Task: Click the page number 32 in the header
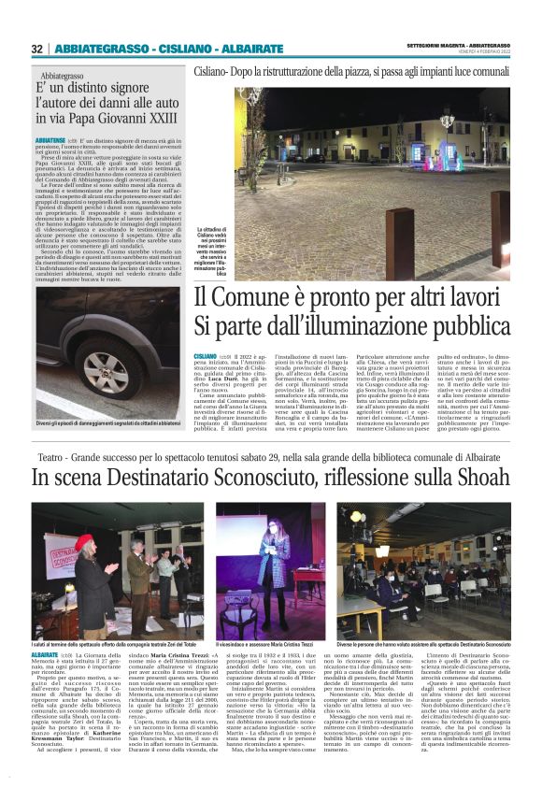pos(37,49)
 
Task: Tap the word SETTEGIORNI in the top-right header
pos(435,44)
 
